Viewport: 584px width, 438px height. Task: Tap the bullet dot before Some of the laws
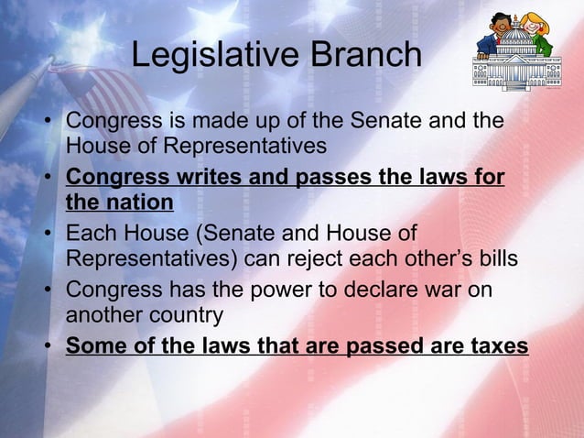click(x=47, y=347)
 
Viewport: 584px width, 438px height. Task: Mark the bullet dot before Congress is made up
click(x=47, y=122)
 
